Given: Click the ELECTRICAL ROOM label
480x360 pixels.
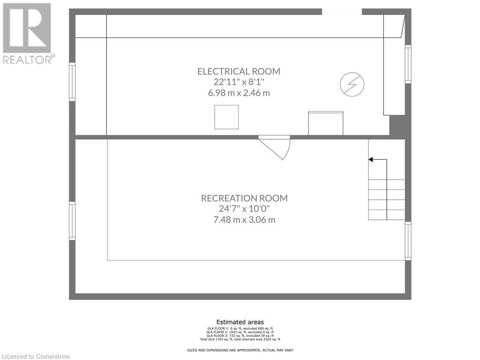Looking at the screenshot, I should tap(239, 71).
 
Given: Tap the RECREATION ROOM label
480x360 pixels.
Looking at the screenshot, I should tap(244, 198).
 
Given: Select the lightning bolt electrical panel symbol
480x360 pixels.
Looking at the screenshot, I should tap(352, 85).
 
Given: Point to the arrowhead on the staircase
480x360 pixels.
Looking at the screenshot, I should tap(370, 160).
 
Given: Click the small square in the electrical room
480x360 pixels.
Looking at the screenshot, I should tap(226, 117).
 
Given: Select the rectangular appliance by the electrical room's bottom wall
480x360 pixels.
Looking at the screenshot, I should tap(325, 123).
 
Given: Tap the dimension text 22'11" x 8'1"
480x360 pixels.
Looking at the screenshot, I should tap(239, 82).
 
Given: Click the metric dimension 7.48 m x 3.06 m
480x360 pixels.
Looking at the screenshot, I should tap(244, 219).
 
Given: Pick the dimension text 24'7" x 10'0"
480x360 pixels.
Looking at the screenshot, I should tap(244, 209).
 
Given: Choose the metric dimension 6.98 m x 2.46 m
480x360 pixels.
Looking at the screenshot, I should tap(239, 93).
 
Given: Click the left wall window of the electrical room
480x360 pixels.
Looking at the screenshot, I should tap(72, 82).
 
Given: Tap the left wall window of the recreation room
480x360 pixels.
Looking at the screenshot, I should tap(72, 221).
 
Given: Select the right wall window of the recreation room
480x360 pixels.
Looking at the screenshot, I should tap(408, 241).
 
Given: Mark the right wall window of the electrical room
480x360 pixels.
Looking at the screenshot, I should tap(408, 64).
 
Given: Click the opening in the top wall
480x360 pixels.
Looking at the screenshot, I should tap(342, 11).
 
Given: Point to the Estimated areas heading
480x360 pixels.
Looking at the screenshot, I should tap(240, 322).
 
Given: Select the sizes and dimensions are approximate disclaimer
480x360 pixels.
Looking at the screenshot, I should tap(240, 350).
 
